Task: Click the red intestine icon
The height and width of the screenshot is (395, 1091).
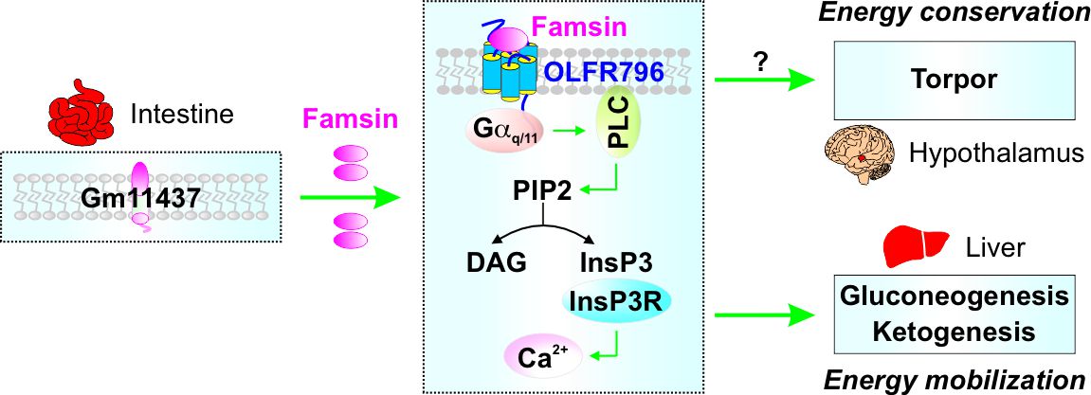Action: [x=82, y=111]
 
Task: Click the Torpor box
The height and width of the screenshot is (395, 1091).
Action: [x=960, y=80]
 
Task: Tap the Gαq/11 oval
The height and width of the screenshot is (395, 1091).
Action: [x=502, y=133]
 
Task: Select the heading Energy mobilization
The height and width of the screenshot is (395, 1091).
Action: [x=955, y=381]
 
